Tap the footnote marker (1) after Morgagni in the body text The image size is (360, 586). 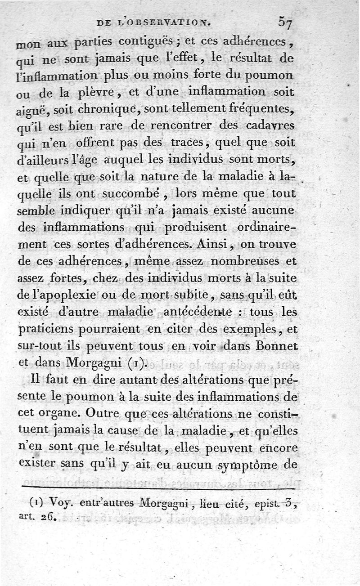[x=136, y=362]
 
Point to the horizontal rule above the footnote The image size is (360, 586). [x=157, y=488]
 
